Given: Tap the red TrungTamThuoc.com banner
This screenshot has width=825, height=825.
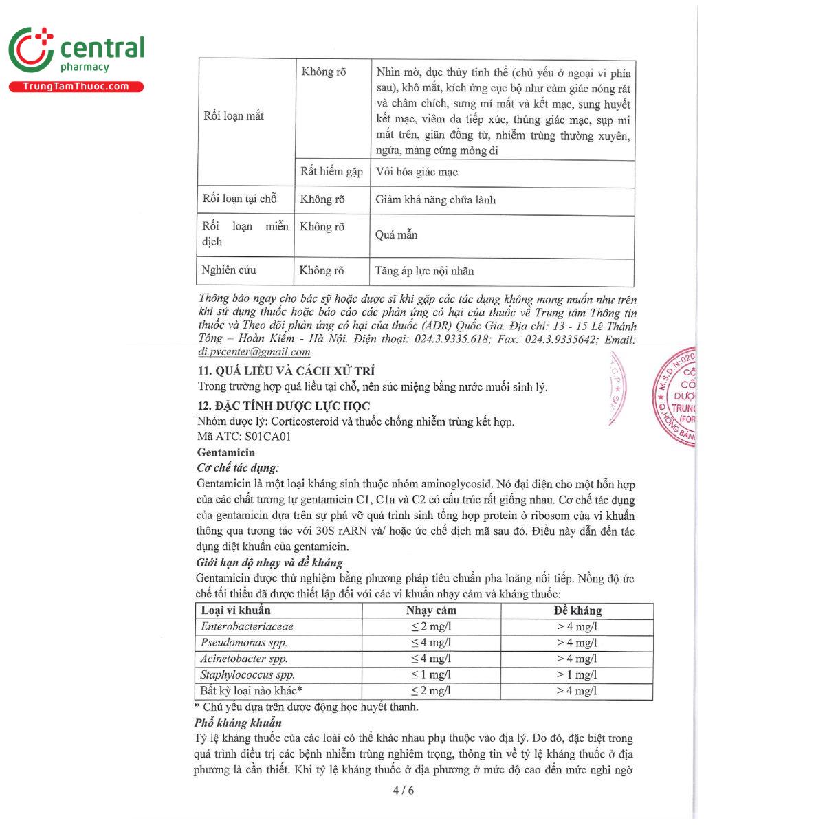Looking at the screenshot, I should [76, 87].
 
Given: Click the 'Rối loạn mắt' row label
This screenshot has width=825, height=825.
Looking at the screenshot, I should [234, 115].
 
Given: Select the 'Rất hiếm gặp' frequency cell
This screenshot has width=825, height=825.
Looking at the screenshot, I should [331, 172].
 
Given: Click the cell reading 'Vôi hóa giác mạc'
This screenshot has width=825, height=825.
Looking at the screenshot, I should [417, 172].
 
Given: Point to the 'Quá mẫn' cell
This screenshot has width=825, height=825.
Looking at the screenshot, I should [397, 235].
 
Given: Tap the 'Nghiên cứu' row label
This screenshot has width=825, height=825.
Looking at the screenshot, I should [229, 270].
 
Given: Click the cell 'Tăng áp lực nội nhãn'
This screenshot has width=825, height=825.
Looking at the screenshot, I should [424, 271].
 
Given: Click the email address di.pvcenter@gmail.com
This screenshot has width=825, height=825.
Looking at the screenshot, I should [254, 352].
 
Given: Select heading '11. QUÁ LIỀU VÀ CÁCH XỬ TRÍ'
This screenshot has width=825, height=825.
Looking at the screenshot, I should [286, 371].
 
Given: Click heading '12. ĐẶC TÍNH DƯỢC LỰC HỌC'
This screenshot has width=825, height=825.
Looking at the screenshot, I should [283, 406].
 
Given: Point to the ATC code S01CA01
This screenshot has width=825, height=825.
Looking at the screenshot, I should [263, 437].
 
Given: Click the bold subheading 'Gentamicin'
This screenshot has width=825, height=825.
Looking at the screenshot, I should [225, 452].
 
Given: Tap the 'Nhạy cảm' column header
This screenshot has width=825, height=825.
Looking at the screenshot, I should [431, 610].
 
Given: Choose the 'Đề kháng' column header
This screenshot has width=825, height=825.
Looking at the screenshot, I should [577, 610].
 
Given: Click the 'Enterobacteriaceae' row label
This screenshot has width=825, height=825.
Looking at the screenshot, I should [247, 626].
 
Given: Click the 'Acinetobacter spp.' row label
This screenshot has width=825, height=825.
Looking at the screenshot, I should [244, 659].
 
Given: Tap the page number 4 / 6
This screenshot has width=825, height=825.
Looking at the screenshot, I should [403, 790].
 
